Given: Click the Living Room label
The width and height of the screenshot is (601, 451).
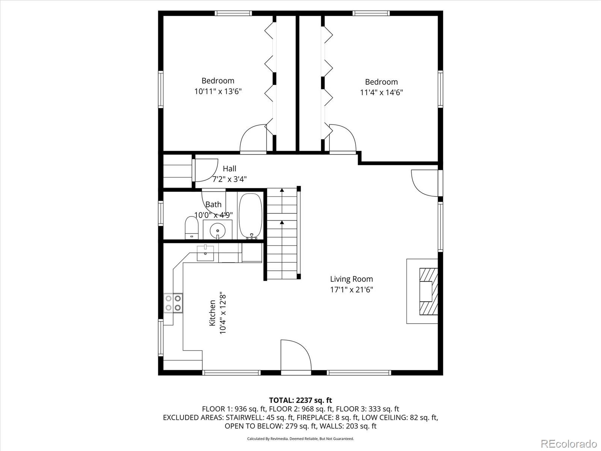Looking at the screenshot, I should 351,279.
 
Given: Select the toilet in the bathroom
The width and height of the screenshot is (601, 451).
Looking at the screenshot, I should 192,228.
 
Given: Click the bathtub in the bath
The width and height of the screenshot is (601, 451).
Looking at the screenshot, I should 251,216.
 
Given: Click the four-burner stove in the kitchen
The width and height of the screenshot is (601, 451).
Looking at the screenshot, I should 173,303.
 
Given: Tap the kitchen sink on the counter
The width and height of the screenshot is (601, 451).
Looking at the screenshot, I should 205,253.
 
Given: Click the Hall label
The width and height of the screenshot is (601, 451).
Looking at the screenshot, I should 230,168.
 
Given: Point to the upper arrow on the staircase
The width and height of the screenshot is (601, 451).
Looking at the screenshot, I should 282,191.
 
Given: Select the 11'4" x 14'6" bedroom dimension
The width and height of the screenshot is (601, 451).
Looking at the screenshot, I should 381,92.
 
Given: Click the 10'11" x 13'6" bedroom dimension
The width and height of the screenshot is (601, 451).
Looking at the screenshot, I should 218,91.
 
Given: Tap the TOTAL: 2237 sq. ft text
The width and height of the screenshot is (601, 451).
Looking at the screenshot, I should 300,400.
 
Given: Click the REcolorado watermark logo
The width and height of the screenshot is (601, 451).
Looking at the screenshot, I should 569,443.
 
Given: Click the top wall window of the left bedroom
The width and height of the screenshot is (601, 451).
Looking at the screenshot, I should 233,13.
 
